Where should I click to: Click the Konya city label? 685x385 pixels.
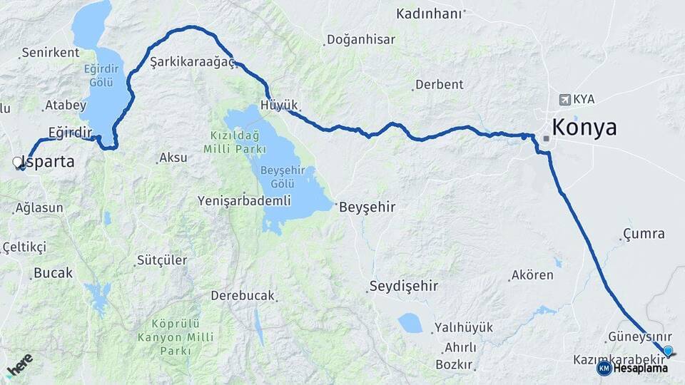[x=584, y=128]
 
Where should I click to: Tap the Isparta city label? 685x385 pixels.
[x=50, y=162]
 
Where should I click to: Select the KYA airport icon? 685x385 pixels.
[x=566, y=99]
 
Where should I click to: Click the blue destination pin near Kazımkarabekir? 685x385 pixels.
[x=668, y=351]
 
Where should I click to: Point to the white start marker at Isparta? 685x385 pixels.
[x=18, y=163]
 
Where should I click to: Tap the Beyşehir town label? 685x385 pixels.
[x=367, y=207]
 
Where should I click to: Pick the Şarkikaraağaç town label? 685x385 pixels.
[x=192, y=63]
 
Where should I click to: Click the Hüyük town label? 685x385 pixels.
[x=280, y=105]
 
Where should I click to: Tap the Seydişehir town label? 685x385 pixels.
[x=403, y=287]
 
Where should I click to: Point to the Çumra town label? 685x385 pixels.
[x=643, y=234]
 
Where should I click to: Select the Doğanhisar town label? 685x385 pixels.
[x=361, y=40]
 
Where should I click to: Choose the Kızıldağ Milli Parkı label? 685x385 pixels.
[x=235, y=142]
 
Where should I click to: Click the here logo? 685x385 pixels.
[x=19, y=366]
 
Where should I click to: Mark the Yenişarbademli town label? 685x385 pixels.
[x=245, y=200]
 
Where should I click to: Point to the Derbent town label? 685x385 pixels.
[x=439, y=85]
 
